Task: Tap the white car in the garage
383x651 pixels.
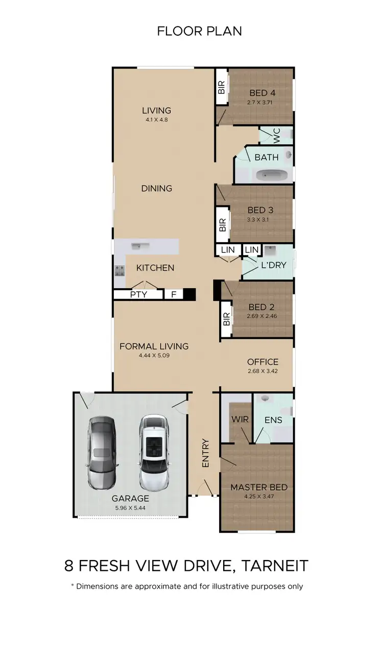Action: coord(154,452)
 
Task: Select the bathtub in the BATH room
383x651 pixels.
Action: coord(272,176)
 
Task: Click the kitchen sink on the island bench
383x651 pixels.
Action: coord(138,246)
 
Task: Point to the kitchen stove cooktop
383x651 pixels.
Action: coord(119,271)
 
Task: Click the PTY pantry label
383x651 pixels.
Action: coord(138,294)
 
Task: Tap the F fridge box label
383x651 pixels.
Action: coord(174,294)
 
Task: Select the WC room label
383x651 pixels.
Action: coord(276,135)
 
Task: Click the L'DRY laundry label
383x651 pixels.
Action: coord(273,265)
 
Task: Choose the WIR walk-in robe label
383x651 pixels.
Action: coord(240,420)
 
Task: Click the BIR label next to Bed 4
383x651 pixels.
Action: coord(222,87)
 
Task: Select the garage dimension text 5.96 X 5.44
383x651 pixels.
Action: coord(131,508)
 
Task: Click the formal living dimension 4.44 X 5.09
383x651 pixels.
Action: coord(154,355)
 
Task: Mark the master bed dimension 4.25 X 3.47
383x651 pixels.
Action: coord(259,497)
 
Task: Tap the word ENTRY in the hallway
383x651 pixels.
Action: coord(206,453)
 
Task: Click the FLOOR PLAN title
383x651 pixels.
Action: coord(199,31)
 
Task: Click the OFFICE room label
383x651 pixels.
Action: coord(262,362)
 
